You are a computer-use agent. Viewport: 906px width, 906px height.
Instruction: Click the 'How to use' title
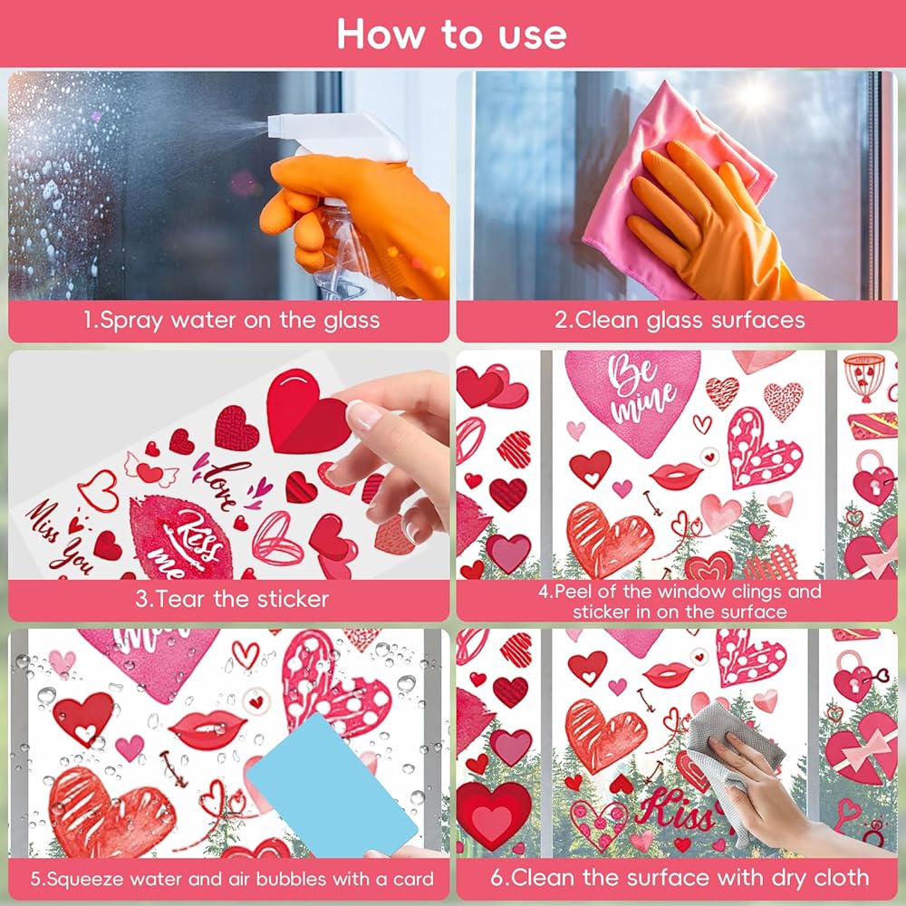tap(452, 34)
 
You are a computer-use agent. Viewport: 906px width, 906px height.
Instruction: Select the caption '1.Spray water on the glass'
tap(231, 320)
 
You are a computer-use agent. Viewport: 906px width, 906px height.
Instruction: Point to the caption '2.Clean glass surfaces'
tap(679, 320)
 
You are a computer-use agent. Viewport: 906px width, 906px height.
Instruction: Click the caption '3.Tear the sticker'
tap(232, 599)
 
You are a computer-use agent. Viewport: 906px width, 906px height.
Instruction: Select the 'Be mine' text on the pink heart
tap(642, 389)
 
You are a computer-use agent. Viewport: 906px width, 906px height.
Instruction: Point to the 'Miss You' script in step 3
tap(59, 537)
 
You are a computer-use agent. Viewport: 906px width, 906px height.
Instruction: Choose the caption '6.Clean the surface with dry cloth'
tap(679, 878)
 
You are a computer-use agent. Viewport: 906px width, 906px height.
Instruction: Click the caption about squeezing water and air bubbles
tap(232, 879)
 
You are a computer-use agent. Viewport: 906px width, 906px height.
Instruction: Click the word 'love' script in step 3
tap(224, 484)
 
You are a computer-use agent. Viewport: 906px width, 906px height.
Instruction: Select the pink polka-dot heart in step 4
tap(763, 448)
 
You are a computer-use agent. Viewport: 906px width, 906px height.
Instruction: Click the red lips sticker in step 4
tap(675, 475)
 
